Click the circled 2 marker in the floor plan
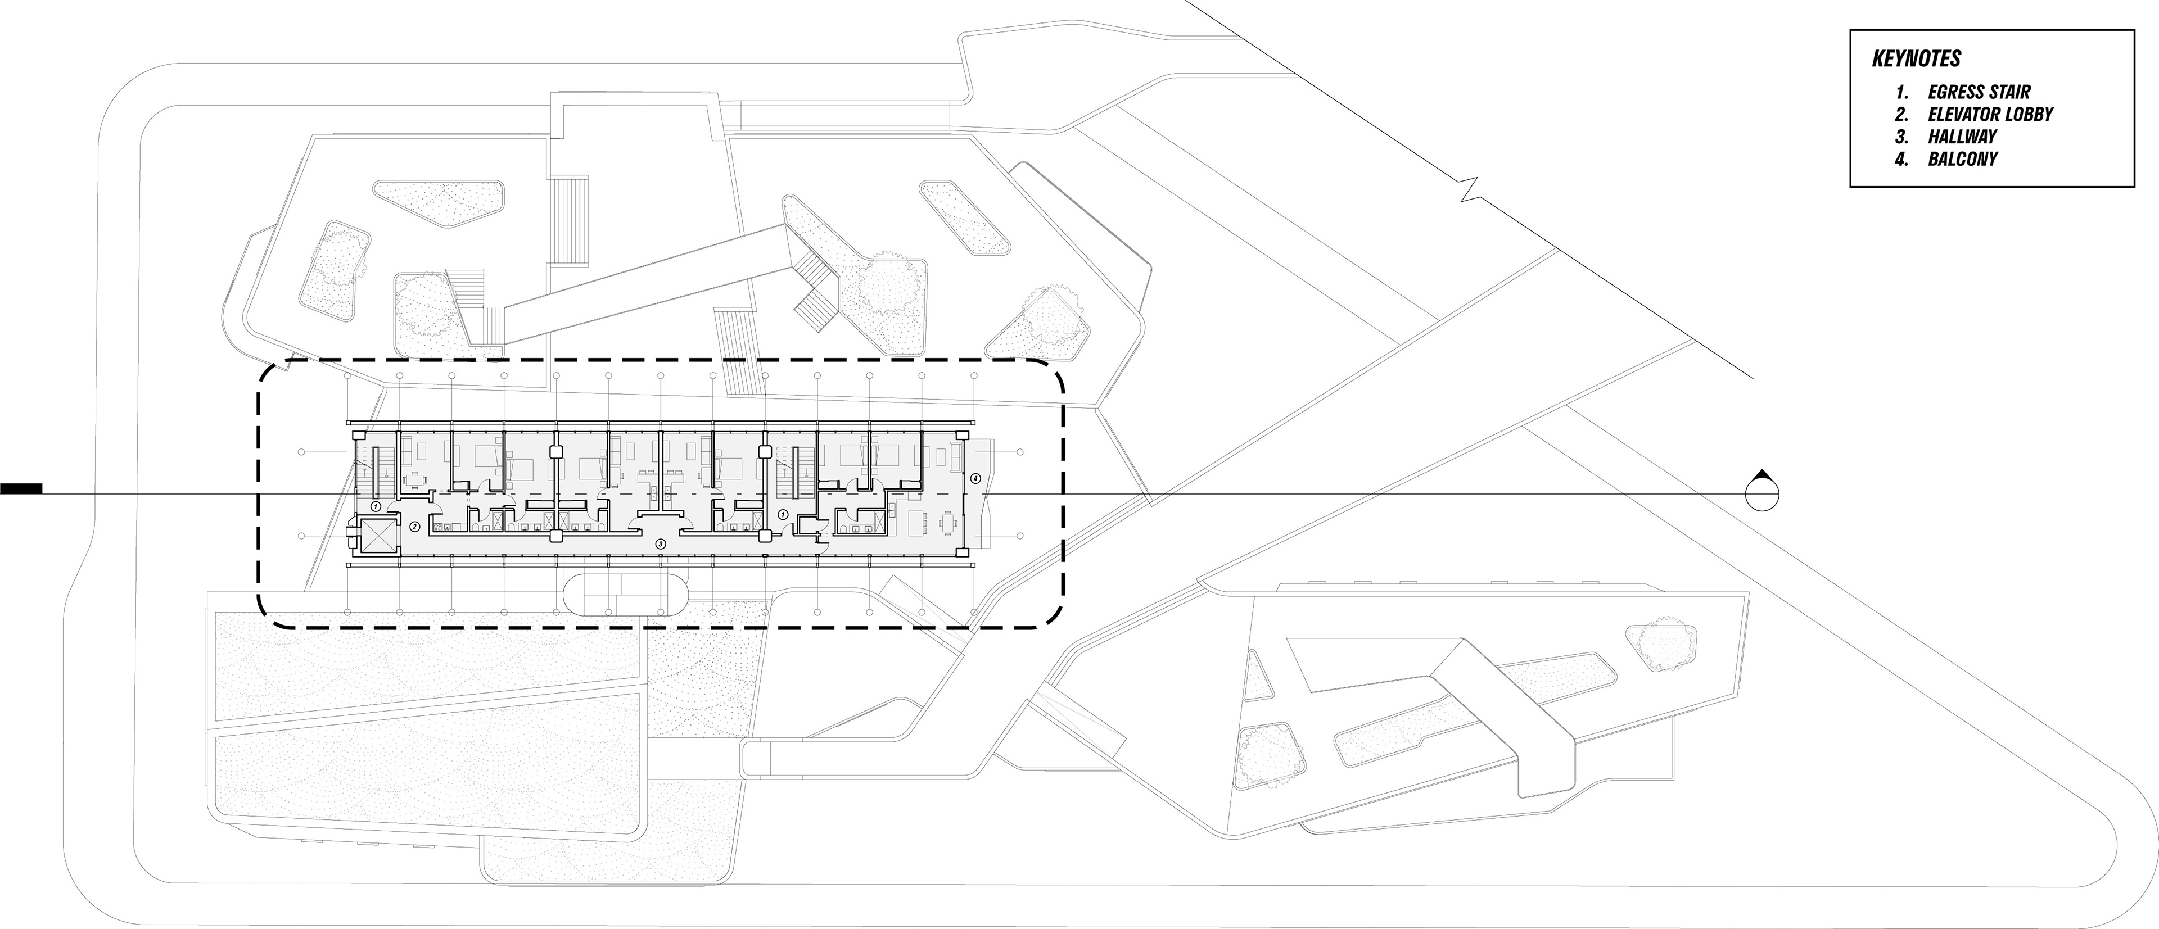click(414, 527)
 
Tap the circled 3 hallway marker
click(661, 543)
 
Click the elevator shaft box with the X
click(374, 535)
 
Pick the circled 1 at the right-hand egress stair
click(783, 514)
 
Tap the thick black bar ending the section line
click(21, 488)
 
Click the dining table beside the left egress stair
click(414, 480)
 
